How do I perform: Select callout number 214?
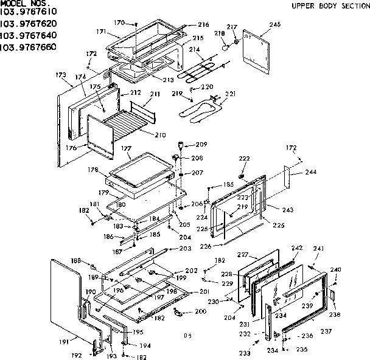[x=194, y=49]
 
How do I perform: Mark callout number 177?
[x=127, y=147]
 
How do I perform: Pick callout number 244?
[x=311, y=172]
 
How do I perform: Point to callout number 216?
[x=203, y=24]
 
